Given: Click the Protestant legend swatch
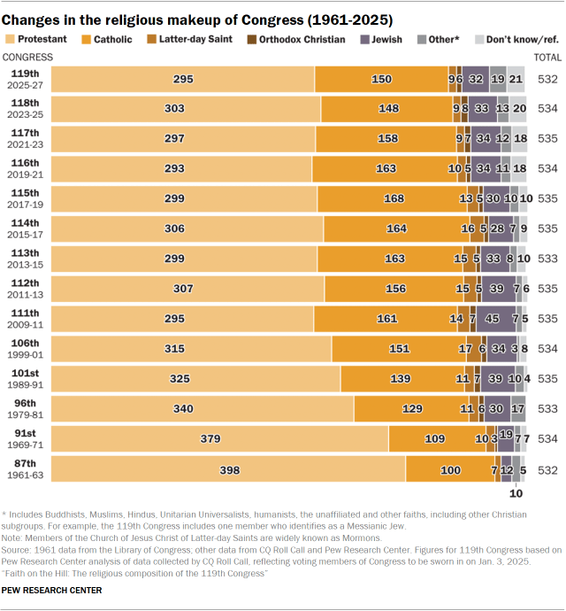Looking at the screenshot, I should (11, 39).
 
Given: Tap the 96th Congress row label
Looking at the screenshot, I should (25, 409).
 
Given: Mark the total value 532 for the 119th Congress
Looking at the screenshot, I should (547, 79).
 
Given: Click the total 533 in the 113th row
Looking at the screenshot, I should (547, 259).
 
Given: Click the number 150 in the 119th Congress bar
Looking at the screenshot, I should (381, 79).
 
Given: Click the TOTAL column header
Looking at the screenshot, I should (547, 57).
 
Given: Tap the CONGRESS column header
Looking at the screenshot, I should (27, 57).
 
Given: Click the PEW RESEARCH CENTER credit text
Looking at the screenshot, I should (51, 590).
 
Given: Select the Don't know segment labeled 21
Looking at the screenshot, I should (516, 79).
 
